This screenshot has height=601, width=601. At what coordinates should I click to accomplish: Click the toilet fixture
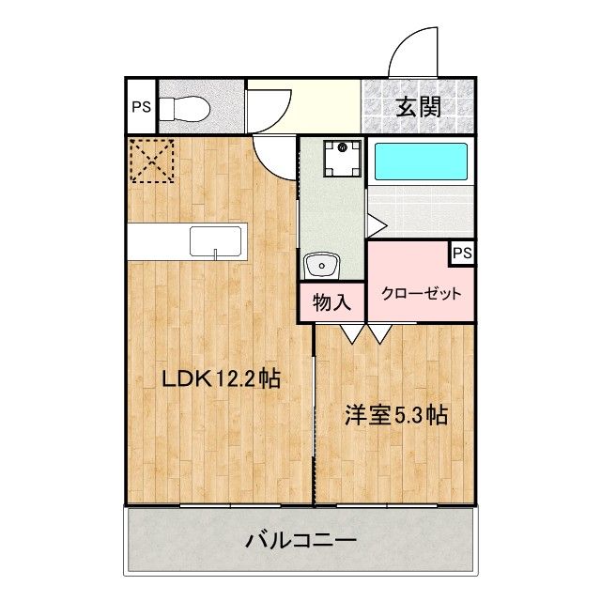click(184, 108)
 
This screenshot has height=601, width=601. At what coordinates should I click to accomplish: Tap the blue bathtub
click(421, 162)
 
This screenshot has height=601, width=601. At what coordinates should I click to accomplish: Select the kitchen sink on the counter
click(215, 241)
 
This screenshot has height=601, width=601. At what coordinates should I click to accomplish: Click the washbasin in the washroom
click(321, 265)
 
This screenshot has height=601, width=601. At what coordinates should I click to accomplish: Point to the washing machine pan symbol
click(342, 159)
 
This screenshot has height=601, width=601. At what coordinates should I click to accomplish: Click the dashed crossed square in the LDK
click(152, 161)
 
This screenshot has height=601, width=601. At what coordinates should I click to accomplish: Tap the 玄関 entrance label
click(418, 107)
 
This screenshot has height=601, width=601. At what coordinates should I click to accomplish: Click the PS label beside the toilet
click(142, 107)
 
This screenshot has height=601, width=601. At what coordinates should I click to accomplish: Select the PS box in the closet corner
click(462, 253)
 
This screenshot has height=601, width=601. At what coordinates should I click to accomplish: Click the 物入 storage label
click(331, 302)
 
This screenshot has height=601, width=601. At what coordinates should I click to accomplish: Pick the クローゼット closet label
click(421, 294)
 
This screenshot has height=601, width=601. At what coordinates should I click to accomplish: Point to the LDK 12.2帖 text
click(222, 379)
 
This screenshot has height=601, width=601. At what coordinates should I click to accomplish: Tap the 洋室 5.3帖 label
click(395, 415)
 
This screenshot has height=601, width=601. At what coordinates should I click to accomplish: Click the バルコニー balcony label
click(300, 541)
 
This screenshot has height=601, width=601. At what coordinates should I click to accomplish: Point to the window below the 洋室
click(387, 505)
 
